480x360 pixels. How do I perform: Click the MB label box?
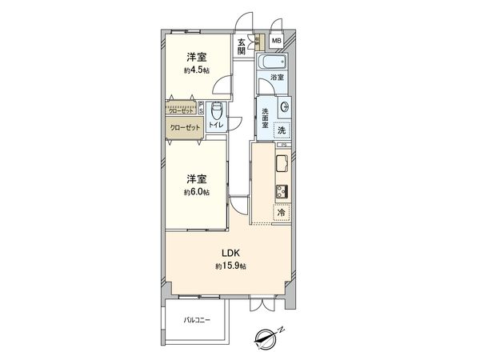(276, 41)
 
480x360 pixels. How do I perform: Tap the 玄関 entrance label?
(241, 47)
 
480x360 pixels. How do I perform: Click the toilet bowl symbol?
(214, 110)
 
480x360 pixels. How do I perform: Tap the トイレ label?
(216, 126)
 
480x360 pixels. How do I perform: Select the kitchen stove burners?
(282, 191)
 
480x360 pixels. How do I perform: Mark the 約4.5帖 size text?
(198, 70)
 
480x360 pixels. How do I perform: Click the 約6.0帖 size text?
(198, 192)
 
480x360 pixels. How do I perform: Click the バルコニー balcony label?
(197, 320)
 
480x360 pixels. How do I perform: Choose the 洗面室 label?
(265, 118)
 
